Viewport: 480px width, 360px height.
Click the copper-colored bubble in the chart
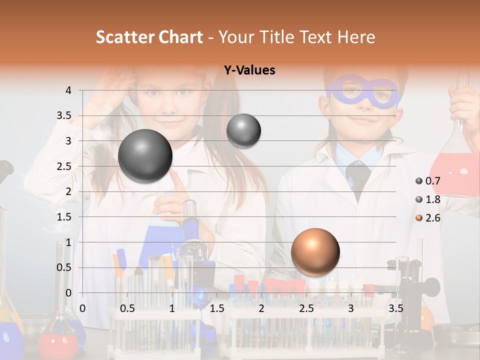point(315,251)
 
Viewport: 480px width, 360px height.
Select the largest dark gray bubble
point(145,156)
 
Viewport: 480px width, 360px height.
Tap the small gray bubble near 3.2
point(243,130)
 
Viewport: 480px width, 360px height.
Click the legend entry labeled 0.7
point(428,181)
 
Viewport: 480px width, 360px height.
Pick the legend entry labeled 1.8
point(428,199)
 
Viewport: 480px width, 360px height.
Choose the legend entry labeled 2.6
point(428,218)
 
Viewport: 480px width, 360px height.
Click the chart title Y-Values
point(249,70)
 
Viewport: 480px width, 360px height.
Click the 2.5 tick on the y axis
point(64,166)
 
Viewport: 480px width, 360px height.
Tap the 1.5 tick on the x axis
point(216,308)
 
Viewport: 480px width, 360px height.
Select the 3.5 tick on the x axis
point(395,308)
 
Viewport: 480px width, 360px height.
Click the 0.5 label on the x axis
point(127,308)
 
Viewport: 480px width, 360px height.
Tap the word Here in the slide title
point(356,37)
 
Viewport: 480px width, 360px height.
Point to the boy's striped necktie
point(358,177)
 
